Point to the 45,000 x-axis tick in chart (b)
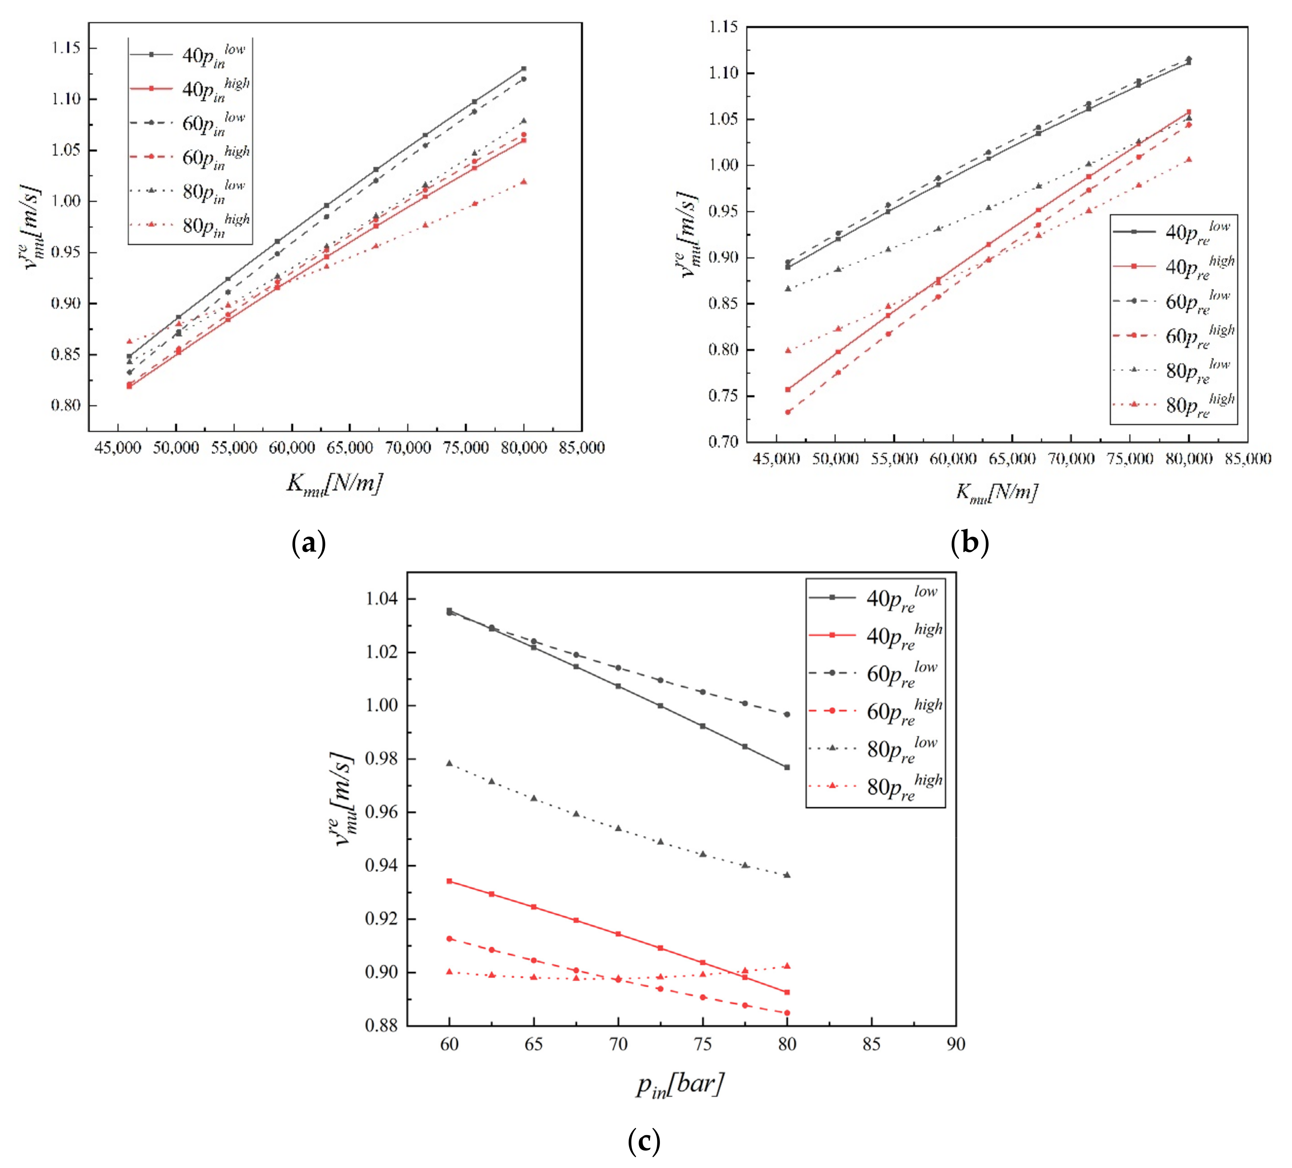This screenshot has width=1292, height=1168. point(776,459)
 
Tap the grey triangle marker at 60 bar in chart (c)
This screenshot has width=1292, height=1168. point(449,763)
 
